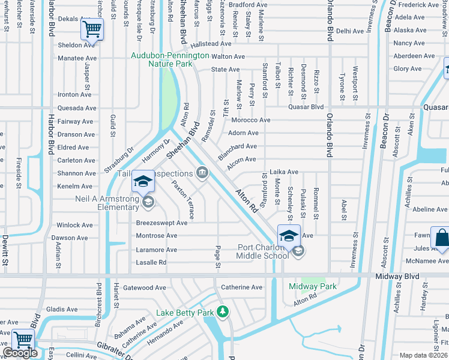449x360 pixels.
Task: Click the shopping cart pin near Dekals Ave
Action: tap(92, 28)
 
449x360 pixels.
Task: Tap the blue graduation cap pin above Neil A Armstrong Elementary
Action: tap(143, 181)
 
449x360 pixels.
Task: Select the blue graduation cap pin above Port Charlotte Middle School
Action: tap(289, 235)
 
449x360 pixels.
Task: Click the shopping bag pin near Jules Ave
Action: tap(441, 238)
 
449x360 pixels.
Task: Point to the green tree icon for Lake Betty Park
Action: tap(223, 312)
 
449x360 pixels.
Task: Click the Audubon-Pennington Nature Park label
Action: tap(170, 59)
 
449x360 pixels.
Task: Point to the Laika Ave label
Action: tap(284, 172)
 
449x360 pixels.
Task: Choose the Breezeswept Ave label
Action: tap(162, 223)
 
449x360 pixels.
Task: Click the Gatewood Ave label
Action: tap(144, 288)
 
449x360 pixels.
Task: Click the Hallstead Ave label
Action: tap(211, 44)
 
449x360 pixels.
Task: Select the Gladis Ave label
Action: tap(62, 310)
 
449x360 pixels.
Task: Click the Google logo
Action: tap(20, 353)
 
